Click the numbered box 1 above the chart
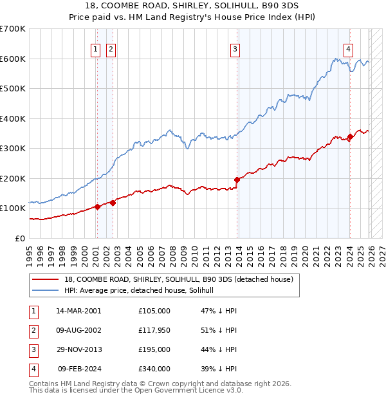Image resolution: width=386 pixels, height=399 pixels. pos(95,49)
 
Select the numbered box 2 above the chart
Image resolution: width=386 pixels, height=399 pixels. pos(111,49)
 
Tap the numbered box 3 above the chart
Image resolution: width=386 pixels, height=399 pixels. pos(235,49)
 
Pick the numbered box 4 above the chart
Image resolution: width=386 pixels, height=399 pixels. pos(348,49)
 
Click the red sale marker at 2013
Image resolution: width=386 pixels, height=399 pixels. pos(237,180)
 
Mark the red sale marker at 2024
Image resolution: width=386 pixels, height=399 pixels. pos(350,136)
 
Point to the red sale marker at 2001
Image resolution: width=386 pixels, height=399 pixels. pos(97,207)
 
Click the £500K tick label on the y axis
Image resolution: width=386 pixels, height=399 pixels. pos(13,89)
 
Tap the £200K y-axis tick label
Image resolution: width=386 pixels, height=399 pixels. pos(13,178)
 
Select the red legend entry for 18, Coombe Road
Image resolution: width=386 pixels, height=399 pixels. pos(178,279)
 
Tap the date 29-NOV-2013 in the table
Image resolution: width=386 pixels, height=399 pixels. pos(78,349)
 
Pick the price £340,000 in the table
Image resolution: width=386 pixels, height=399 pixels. pos(154,369)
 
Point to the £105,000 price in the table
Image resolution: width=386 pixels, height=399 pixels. pos(154,311)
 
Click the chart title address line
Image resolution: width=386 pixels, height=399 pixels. pos(193,6)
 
